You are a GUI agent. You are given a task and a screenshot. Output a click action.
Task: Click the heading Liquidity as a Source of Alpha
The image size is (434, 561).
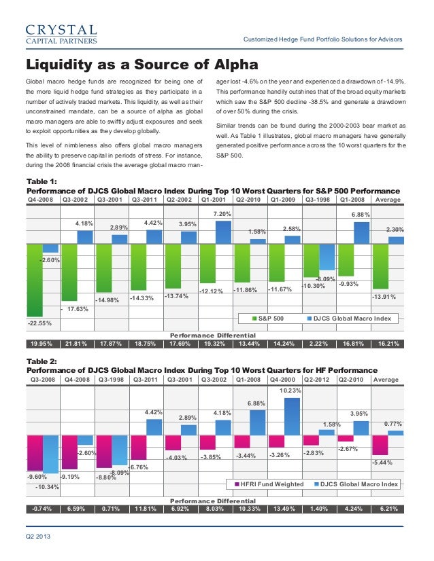tap(142, 65)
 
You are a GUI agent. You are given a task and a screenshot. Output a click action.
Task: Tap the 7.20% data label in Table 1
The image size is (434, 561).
tap(222, 214)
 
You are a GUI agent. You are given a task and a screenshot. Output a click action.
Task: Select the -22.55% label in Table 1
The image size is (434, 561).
tap(39, 323)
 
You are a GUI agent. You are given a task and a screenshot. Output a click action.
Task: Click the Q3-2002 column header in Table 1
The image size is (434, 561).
tap(76, 200)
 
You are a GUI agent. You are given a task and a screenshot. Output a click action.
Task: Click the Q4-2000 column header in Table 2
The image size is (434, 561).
tap(283, 380)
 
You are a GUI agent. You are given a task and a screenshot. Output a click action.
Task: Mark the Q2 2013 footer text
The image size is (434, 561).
tap(38, 538)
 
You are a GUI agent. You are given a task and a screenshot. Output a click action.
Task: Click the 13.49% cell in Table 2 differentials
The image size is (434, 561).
tap(283, 509)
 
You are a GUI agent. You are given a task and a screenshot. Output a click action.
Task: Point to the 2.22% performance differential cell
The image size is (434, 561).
tap(318, 343)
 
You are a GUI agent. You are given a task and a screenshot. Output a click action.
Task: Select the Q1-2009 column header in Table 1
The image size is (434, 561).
tap(283, 200)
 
